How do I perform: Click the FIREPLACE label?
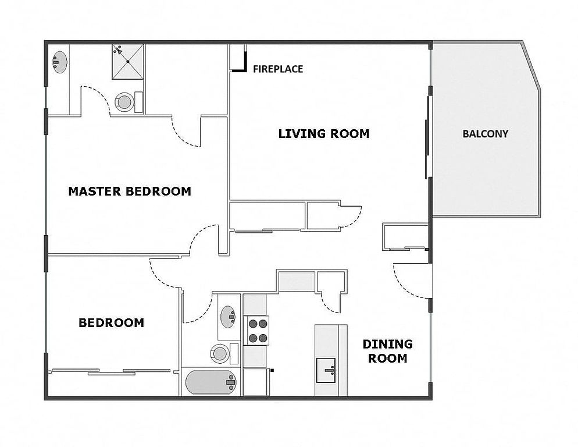[x=278, y=69]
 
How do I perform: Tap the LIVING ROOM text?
[x=324, y=134]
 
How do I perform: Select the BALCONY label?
[x=485, y=134]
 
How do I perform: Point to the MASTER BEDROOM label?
[x=130, y=191]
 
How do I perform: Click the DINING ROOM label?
[x=387, y=351]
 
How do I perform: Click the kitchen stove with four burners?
[x=257, y=331]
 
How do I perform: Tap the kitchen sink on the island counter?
[x=326, y=370]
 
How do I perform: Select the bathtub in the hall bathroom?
[x=211, y=382]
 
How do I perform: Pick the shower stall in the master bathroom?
[x=128, y=62]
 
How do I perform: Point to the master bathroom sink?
[x=59, y=62]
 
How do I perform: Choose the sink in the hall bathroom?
[x=228, y=317]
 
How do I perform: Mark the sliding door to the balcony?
[x=427, y=137]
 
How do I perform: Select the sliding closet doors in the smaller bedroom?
[x=110, y=372]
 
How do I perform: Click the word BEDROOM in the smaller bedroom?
[x=111, y=323]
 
